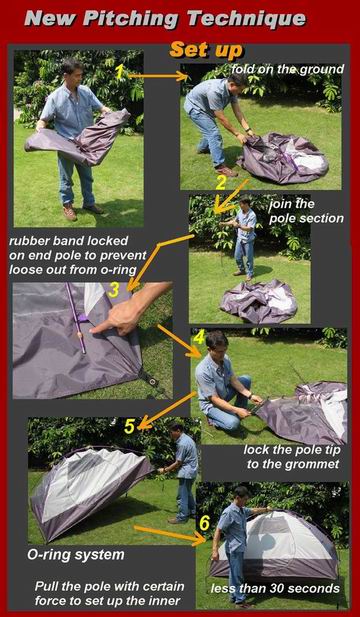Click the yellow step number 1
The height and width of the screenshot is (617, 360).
(120, 71)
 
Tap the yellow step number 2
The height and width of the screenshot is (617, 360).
(221, 183)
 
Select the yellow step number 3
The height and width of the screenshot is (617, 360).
(113, 290)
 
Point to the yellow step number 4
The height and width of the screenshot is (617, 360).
(200, 336)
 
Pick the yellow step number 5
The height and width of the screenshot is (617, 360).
(130, 427)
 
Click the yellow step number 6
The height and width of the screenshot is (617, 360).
(205, 523)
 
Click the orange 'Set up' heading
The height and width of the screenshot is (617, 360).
(206, 51)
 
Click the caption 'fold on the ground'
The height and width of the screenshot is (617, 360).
(287, 70)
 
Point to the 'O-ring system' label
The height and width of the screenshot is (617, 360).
(76, 555)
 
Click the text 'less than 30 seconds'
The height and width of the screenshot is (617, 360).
(275, 588)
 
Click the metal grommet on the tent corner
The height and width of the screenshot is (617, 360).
(151, 381)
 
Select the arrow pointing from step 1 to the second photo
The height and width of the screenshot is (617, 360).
(158, 76)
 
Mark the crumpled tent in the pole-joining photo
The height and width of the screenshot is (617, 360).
(258, 301)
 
